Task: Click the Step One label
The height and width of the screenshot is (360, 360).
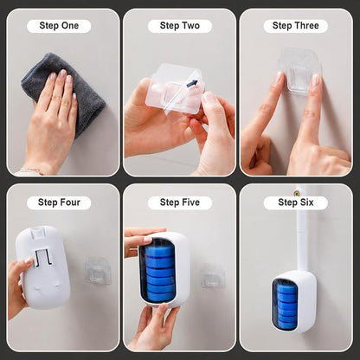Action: pyautogui.click(x=59, y=26)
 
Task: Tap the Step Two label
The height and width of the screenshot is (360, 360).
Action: pyautogui.click(x=180, y=26)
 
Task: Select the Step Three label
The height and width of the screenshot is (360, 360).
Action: pyautogui.click(x=296, y=26)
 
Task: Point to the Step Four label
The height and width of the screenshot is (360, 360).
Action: pyautogui.click(x=59, y=202)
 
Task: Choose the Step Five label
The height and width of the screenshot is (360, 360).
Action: pyautogui.click(x=180, y=202)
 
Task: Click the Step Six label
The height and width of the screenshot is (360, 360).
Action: pyautogui.click(x=296, y=202)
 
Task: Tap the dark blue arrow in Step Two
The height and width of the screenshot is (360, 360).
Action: pyautogui.click(x=192, y=84)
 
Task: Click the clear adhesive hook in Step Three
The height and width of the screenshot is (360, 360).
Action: pyautogui.click(x=299, y=70)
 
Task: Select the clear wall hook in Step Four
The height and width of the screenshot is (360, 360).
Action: pyautogui.click(x=98, y=271)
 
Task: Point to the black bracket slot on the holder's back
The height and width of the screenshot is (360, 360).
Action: pyautogui.click(x=42, y=257)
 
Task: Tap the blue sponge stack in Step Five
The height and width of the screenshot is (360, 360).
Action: pyautogui.click(x=159, y=272)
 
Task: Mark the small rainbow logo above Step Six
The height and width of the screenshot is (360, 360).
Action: pyautogui.click(x=296, y=193)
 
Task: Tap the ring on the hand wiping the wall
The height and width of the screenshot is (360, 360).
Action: pyautogui.click(x=66, y=103)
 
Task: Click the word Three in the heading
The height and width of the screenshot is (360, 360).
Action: pyautogui.click(x=305, y=26)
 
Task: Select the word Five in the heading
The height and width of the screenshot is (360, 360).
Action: pyautogui.click(x=189, y=202)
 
